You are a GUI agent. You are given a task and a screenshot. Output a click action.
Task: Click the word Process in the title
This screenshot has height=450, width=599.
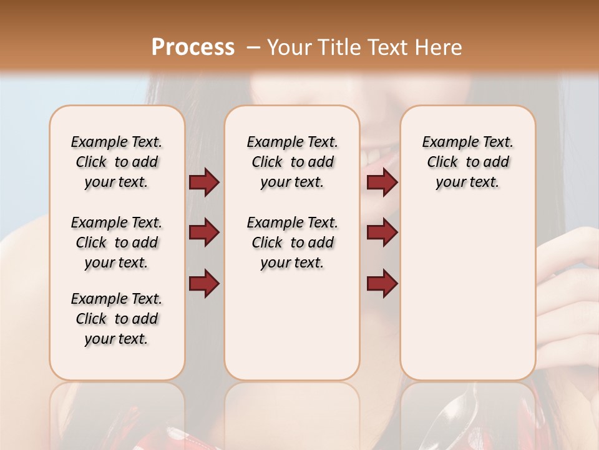pyautogui.click(x=193, y=47)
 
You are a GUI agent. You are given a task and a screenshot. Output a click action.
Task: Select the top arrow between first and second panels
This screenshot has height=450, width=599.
pyautogui.click(x=204, y=182)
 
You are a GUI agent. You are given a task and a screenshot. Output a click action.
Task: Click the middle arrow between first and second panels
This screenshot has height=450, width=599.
pyautogui.click(x=204, y=232)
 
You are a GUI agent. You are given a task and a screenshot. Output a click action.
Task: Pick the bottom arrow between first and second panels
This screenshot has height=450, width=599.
pyautogui.click(x=204, y=283)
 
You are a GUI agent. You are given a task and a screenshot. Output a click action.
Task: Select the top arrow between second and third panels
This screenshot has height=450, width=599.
pyautogui.click(x=382, y=182)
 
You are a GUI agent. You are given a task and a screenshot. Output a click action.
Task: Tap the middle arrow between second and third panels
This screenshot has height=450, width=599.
pyautogui.click(x=382, y=232)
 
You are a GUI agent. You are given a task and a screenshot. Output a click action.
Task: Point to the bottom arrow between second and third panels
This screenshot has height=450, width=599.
pyautogui.click(x=382, y=283)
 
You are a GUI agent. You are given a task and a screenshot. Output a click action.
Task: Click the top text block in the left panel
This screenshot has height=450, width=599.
pyautogui.click(x=117, y=162)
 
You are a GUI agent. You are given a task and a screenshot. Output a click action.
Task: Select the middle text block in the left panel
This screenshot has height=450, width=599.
pyautogui.click(x=117, y=242)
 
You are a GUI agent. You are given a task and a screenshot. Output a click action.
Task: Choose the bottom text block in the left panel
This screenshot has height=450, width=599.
pyautogui.click(x=117, y=319)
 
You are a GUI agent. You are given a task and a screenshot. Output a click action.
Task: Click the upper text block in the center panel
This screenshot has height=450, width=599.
pyautogui.click(x=292, y=162)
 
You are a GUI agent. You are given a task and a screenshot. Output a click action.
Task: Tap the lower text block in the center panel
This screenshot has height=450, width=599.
pyautogui.click(x=292, y=242)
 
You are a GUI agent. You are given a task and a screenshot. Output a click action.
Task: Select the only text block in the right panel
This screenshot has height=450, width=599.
pyautogui.click(x=467, y=162)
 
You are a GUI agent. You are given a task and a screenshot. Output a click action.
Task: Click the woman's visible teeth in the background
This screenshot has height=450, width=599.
pyautogui.click(x=379, y=152)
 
